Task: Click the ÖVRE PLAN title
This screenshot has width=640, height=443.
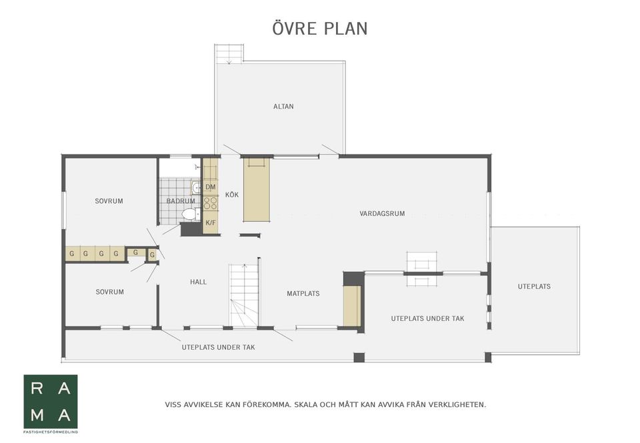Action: [320, 29]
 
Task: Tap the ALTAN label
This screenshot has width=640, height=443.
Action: [283, 107]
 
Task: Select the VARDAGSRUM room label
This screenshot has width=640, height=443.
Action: [382, 213]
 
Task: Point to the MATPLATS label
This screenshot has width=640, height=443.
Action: [303, 293]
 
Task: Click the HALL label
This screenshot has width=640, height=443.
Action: [199, 282]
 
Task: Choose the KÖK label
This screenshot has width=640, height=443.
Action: [232, 195]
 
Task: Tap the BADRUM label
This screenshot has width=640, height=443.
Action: [181, 201]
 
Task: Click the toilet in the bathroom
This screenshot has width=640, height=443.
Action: [191, 214]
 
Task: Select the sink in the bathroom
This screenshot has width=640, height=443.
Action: [196, 188]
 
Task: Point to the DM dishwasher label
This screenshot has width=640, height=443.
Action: [211, 187]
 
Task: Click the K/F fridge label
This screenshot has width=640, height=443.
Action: [211, 222]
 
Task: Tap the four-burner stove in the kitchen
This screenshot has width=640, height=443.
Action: [210, 203]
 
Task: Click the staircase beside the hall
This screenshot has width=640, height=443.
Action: [244, 295]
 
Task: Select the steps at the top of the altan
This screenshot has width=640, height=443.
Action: [229, 54]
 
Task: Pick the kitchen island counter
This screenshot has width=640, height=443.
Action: [257, 190]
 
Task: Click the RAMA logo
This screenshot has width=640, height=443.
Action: [51, 402]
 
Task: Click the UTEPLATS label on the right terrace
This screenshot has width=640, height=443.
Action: [534, 286]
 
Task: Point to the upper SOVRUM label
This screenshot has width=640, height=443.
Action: [109, 201]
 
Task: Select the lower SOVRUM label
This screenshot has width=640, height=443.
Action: [110, 292]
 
